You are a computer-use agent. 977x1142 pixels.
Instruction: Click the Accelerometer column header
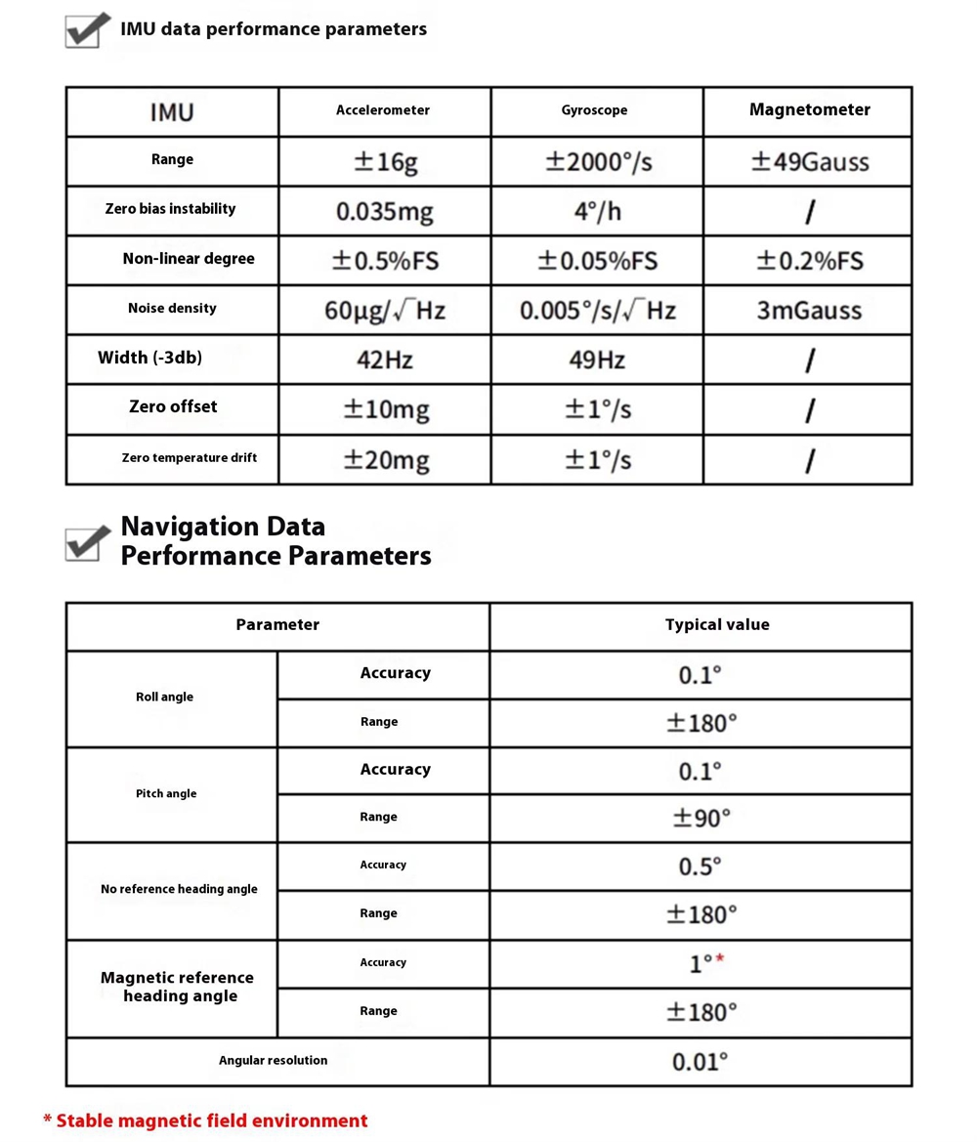coord(383,110)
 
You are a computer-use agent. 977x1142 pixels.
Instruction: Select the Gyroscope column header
coord(595,110)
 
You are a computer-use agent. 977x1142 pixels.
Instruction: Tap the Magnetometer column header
coord(809,109)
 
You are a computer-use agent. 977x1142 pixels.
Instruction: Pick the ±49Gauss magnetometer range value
coord(809,161)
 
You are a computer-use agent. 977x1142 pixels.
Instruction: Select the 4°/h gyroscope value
coord(597,211)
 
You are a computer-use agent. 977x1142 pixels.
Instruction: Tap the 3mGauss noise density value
coord(809,311)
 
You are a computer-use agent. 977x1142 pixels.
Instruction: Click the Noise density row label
coord(172,309)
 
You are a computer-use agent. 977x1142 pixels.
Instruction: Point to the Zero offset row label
coord(173,406)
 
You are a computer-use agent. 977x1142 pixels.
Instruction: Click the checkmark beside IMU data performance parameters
coord(87,30)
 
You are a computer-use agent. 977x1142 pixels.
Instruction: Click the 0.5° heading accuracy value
coord(701,867)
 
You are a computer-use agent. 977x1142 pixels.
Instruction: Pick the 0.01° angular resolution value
coord(701,1062)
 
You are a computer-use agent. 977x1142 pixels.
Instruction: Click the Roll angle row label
coord(164,698)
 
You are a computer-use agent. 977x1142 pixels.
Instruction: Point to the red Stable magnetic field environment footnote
coord(206,1121)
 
